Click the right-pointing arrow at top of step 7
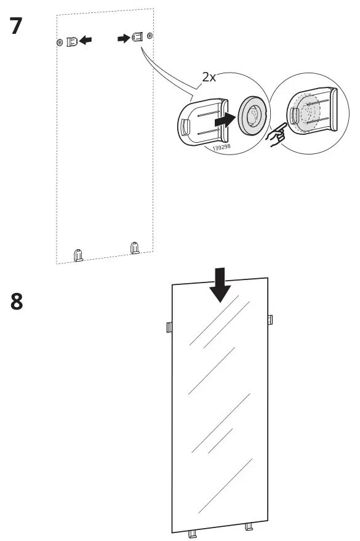click(124, 38)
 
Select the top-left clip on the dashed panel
click(72, 41)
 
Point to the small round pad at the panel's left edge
click(59, 42)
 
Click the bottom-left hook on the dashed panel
click(78, 254)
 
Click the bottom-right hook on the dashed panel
click(135, 248)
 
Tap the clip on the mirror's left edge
click(169, 326)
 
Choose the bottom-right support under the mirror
click(249, 526)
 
